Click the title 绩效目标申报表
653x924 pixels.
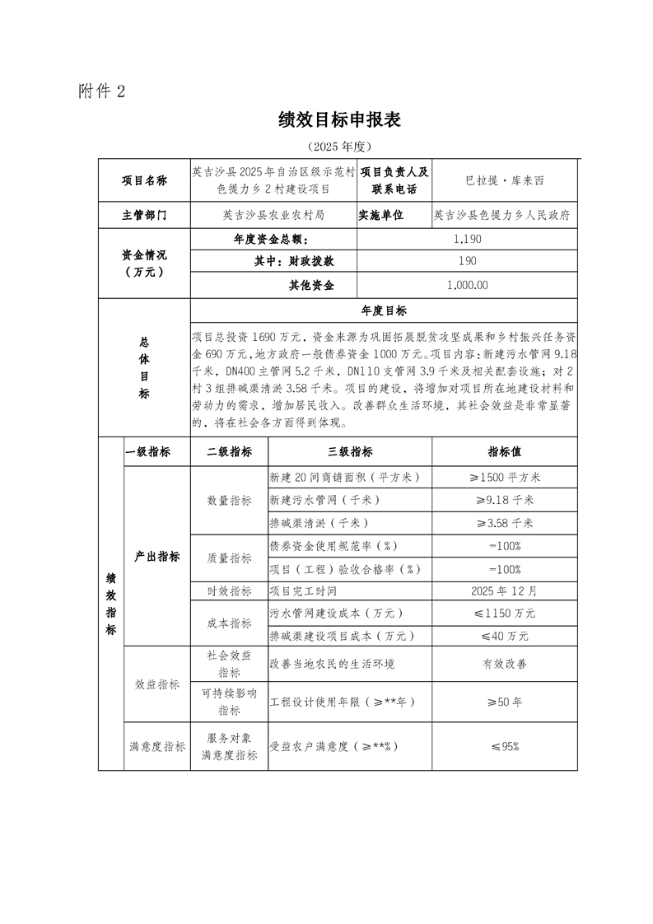pos(339,120)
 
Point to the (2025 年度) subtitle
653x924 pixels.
pos(339,146)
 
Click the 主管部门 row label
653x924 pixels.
pos(144,216)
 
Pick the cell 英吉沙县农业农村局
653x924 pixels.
pos(273,216)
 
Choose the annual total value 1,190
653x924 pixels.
pos(467,239)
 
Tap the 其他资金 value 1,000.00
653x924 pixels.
pos(467,285)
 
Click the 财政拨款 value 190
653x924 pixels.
pos(467,262)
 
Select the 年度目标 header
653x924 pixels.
pos(384,311)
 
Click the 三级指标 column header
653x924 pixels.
pos(350,452)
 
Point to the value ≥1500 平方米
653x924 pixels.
pos(505,477)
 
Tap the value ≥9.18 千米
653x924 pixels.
pos(505,500)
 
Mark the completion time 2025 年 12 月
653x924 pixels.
pos(505,591)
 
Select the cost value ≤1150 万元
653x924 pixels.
pos(505,614)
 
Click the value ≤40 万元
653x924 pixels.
pos(505,637)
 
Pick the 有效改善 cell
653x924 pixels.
pos(505,663)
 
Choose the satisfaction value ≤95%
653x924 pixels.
pos(505,746)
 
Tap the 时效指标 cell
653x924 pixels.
pos(229,591)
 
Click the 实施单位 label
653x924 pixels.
pos(380,216)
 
